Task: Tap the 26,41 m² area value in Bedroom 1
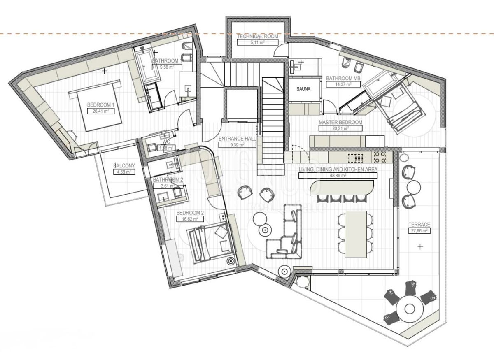click(x=100, y=111)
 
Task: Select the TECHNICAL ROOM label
click(x=257, y=36)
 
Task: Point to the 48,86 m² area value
click(x=337, y=175)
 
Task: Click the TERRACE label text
click(x=419, y=225)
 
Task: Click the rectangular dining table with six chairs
click(x=355, y=234)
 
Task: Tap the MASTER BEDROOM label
click(x=340, y=123)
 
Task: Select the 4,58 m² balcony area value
click(x=122, y=172)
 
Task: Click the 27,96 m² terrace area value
click(x=419, y=231)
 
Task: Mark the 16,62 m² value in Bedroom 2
click(x=190, y=219)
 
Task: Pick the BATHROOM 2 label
click(x=168, y=180)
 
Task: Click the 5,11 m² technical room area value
click(x=257, y=42)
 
